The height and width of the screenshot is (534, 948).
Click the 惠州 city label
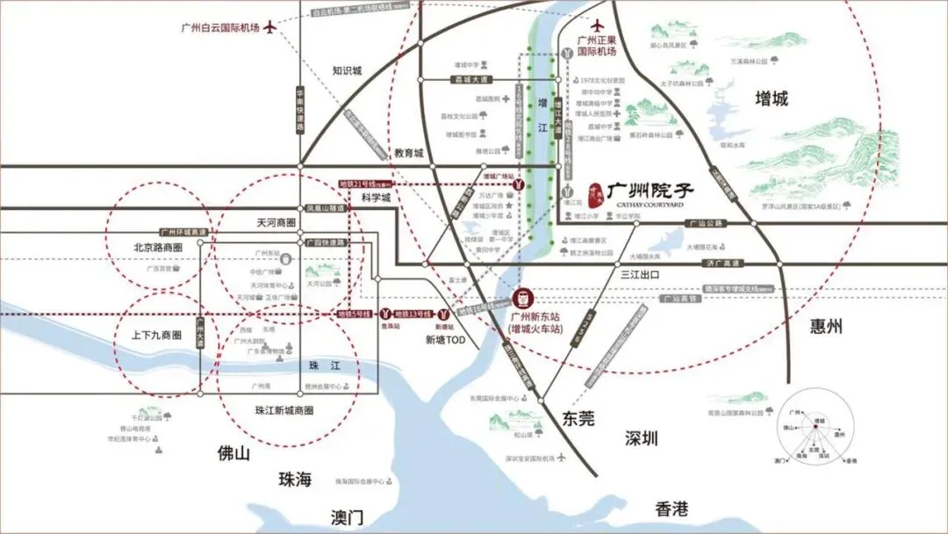click(x=826, y=327)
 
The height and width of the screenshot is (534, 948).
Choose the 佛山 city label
click(x=234, y=453)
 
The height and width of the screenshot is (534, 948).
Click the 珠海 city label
click(x=295, y=480)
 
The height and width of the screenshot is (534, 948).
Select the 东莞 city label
click(x=577, y=419)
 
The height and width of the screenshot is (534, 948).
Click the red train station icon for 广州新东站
click(x=520, y=296)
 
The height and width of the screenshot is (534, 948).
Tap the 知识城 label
click(x=347, y=71)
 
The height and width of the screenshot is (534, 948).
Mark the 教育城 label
click(x=409, y=153)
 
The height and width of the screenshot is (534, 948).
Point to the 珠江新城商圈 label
click(x=284, y=410)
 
